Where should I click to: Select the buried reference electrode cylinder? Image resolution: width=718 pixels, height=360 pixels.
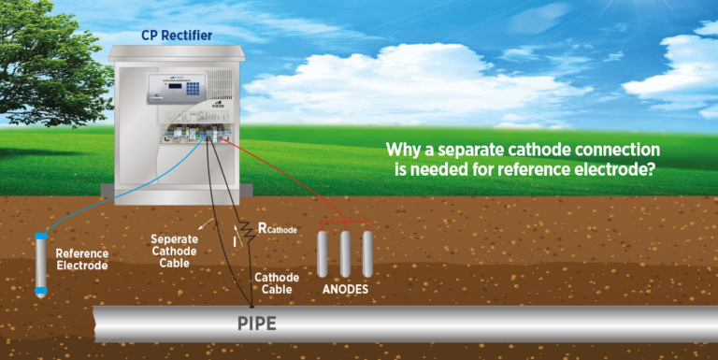click(41, 265)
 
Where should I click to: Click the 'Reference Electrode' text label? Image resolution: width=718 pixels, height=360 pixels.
click(81, 260)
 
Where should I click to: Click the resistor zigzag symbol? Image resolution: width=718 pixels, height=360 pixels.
click(246, 231)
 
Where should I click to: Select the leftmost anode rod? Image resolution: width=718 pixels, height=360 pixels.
click(323, 252)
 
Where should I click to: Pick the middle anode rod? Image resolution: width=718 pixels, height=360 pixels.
click(346, 252)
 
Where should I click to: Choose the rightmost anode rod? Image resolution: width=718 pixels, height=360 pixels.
click(367, 252)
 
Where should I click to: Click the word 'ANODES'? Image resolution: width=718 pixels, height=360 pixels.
click(346, 290)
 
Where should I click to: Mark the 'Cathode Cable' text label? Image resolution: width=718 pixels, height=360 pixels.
click(277, 284)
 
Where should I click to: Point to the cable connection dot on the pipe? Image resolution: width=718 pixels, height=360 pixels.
click(252, 305)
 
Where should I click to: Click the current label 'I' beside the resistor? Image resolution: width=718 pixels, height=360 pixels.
click(235, 242)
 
